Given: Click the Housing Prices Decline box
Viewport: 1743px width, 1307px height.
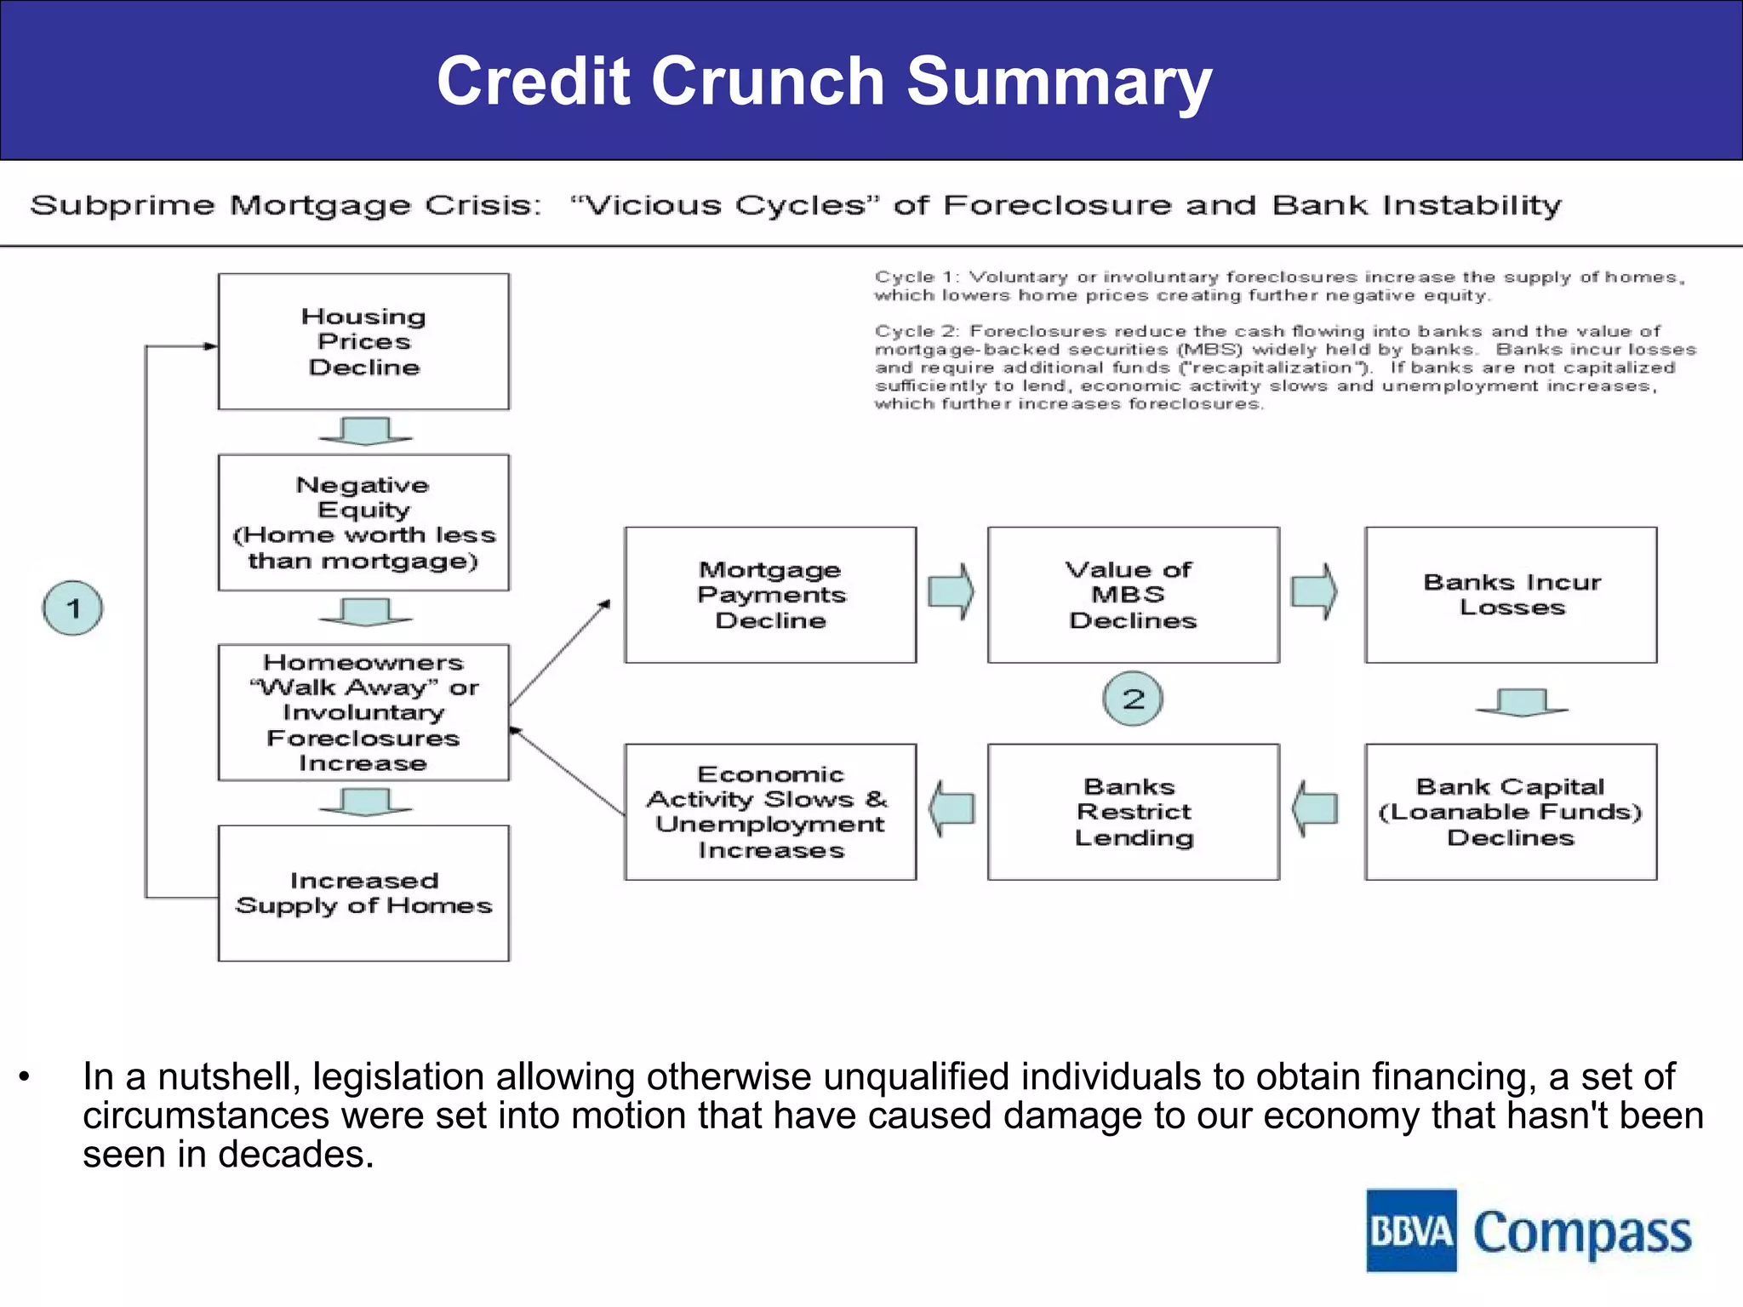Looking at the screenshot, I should [363, 341].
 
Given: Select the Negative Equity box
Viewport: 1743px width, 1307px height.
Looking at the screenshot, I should [363, 522].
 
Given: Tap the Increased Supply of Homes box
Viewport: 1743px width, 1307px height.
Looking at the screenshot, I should [363, 893].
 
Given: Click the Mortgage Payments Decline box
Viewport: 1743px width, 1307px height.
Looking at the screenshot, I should [770, 595].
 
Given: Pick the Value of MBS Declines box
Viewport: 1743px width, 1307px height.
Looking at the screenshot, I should [1133, 595].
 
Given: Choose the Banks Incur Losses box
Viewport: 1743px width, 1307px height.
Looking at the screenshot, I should [1511, 595].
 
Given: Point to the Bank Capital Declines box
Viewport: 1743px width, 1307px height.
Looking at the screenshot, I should [1511, 812].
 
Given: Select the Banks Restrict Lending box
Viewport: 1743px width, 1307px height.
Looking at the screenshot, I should [1133, 812].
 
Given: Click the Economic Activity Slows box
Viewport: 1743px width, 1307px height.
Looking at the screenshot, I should [770, 812].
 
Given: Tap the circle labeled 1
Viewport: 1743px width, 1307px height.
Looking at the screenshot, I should [73, 608].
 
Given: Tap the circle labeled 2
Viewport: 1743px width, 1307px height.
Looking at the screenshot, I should [1133, 699].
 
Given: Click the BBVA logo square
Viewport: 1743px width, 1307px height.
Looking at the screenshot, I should [1411, 1230].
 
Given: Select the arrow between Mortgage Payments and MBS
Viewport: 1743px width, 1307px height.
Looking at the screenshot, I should [952, 591].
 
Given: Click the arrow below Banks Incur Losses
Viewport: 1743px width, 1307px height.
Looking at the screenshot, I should [1522, 703].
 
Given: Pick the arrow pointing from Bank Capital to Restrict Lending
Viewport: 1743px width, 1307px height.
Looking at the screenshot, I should [1315, 808].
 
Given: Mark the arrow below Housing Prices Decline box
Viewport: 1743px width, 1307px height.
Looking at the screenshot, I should [365, 431].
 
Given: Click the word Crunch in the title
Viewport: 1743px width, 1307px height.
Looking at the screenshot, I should [768, 81].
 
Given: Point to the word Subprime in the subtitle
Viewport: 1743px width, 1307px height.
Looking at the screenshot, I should [123, 205].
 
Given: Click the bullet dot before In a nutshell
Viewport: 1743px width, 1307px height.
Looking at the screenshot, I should [25, 1077].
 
